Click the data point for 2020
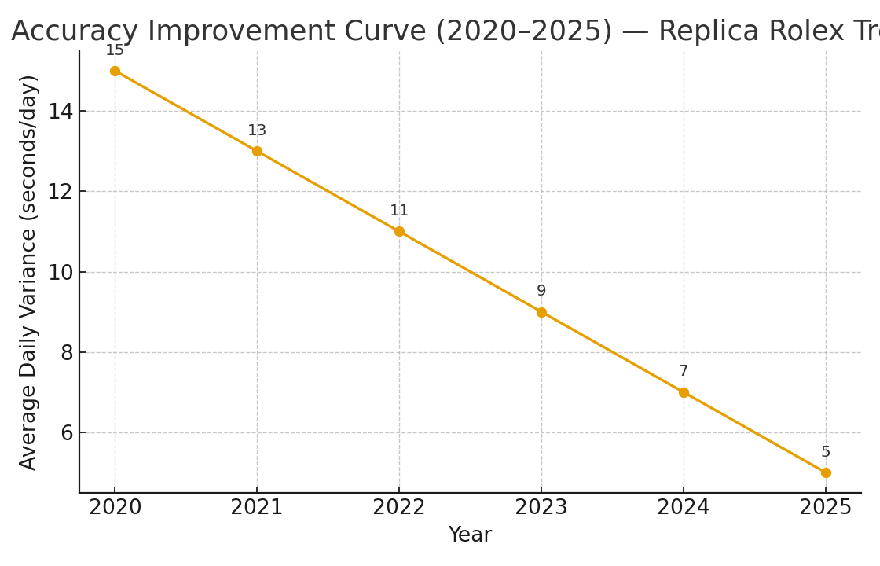[115, 71]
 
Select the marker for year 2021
[257, 151]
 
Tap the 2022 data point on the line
[399, 231]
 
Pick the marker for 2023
[541, 312]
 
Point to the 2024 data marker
[684, 392]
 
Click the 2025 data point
[826, 472]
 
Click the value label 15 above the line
[115, 50]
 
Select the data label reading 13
[257, 130]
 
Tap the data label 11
[399, 211]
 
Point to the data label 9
[541, 291]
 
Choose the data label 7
[684, 371]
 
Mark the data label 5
[826, 452]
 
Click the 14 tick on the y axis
[60, 112]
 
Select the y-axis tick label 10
[60, 273]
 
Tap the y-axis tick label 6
[66, 433]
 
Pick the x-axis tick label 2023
[541, 508]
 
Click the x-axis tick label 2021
[257, 508]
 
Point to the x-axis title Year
[470, 535]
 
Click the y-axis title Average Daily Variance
[29, 272]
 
